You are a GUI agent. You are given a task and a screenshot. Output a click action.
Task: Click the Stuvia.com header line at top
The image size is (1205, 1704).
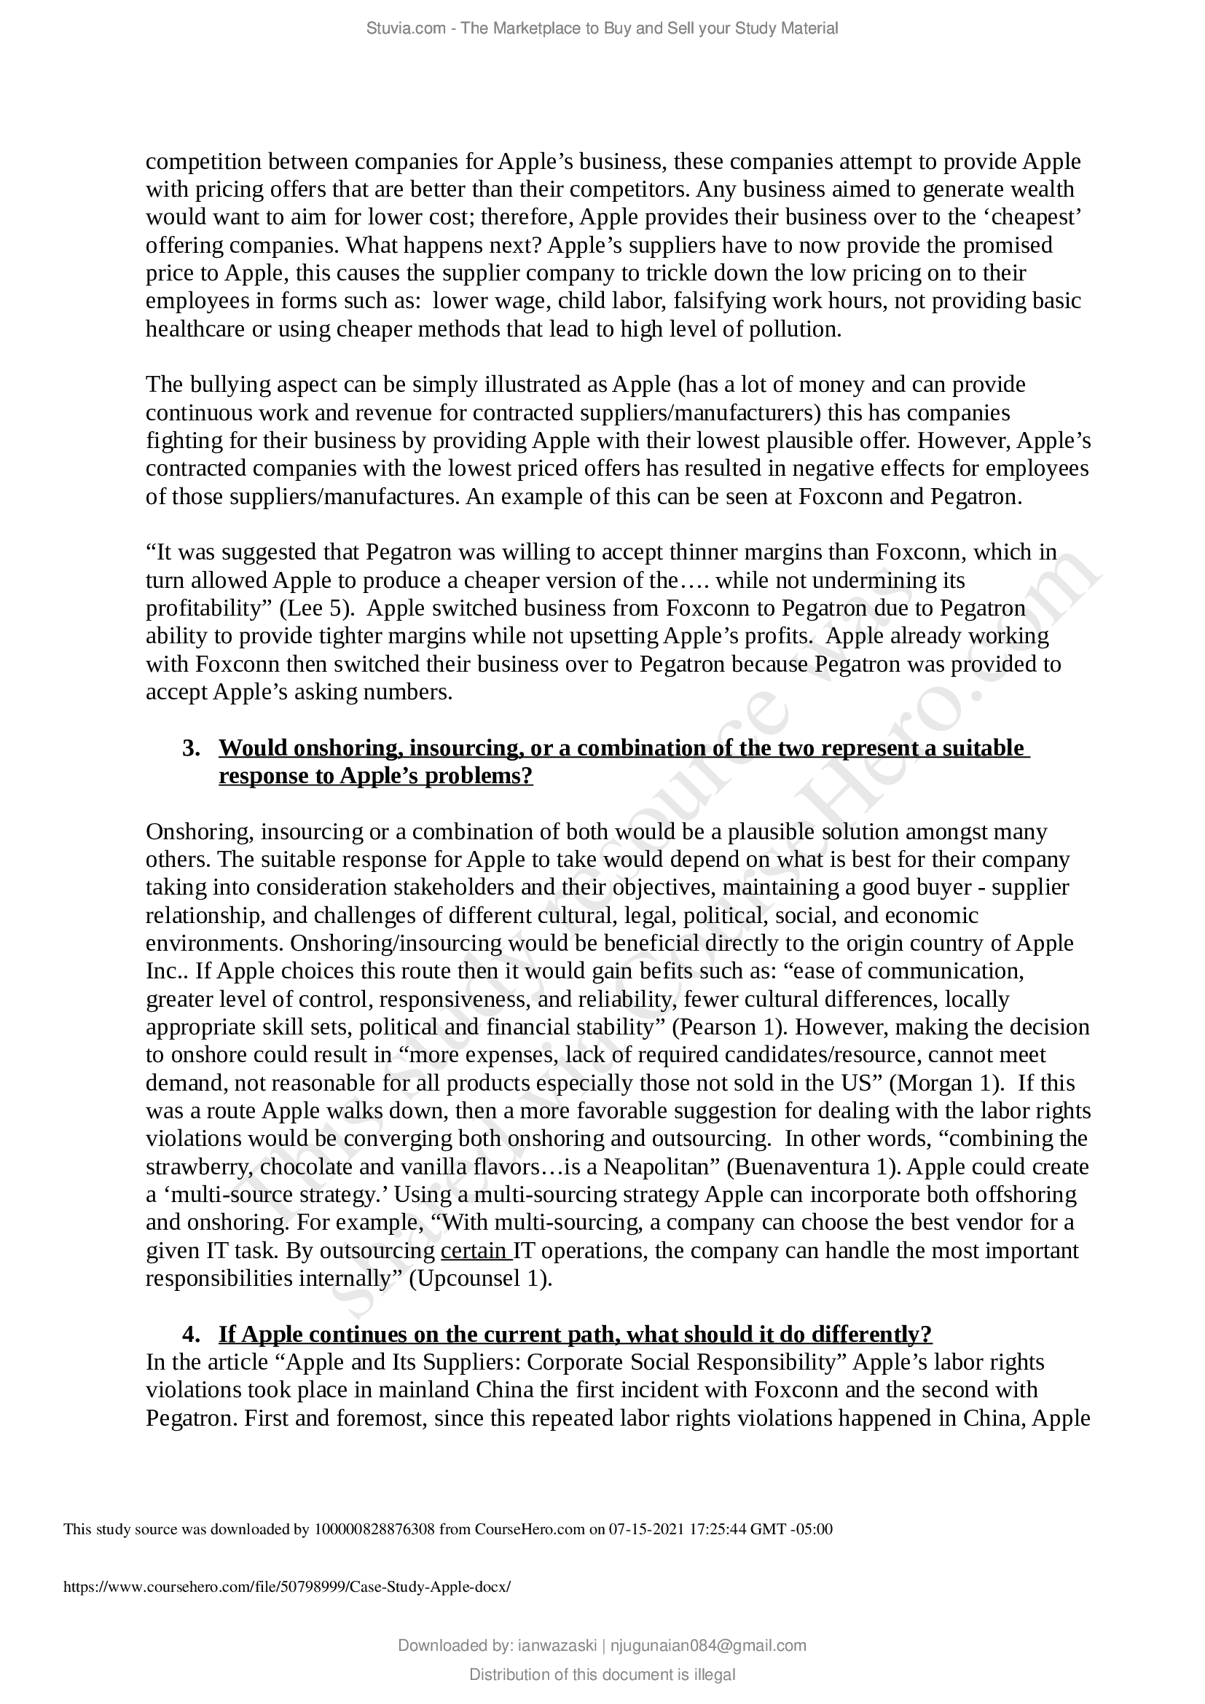[x=602, y=28]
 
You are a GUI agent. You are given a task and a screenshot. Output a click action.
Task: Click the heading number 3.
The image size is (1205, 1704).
[x=192, y=748]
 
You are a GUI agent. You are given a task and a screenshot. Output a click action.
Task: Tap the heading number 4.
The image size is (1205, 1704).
[x=192, y=1335]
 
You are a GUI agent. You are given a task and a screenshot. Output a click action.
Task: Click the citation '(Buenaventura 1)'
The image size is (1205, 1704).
[x=813, y=1167]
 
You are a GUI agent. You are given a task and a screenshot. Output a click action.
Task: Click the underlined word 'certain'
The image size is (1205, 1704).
[x=475, y=1252]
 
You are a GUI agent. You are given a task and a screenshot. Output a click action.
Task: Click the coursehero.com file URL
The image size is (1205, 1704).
[x=287, y=1587]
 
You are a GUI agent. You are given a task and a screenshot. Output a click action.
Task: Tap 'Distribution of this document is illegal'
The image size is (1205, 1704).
[x=602, y=1674]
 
